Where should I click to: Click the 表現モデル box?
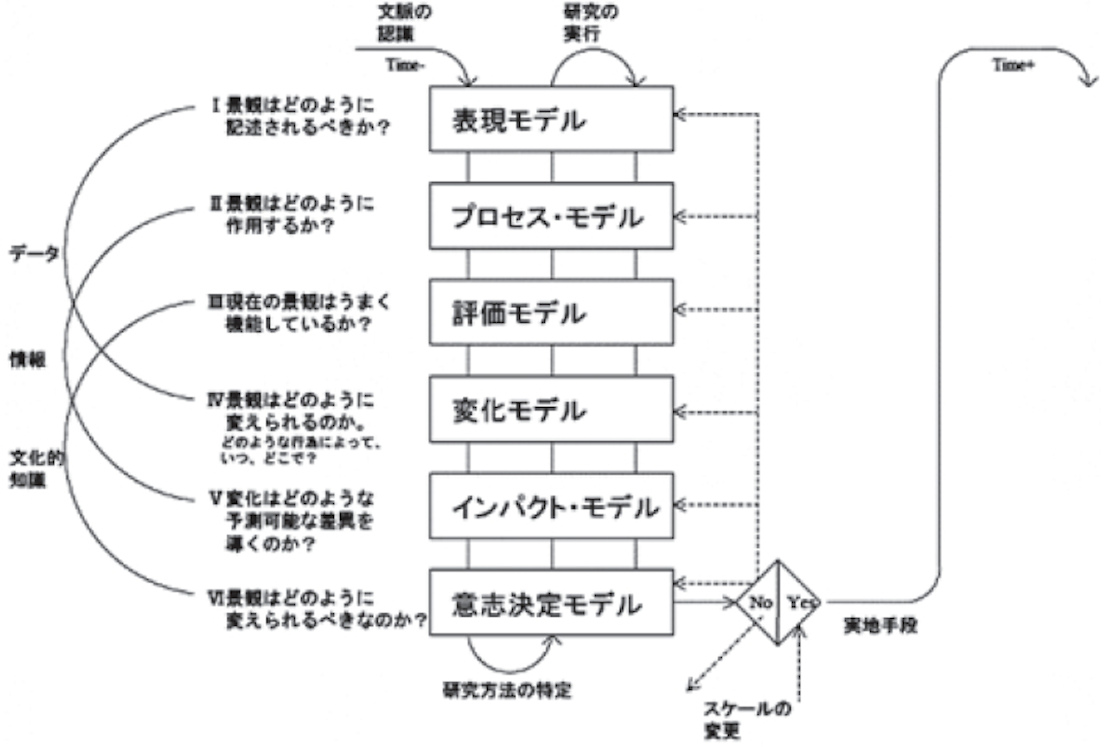(x=550, y=119)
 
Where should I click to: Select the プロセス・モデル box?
(x=550, y=216)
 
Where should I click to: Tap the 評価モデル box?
(x=550, y=313)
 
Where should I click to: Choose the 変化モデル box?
(x=550, y=409)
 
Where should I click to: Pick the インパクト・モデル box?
(x=550, y=506)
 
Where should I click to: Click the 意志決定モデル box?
(x=550, y=603)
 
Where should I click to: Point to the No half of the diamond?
(x=759, y=602)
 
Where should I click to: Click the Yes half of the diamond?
(x=798, y=602)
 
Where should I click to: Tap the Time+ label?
(x=1013, y=66)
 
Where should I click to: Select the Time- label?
(x=405, y=66)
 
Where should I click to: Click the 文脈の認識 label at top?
(x=404, y=23)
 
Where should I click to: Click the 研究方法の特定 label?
(x=507, y=690)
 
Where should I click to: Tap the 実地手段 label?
(x=880, y=625)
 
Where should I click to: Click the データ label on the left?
(x=34, y=253)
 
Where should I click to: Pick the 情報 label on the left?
(x=27, y=359)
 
